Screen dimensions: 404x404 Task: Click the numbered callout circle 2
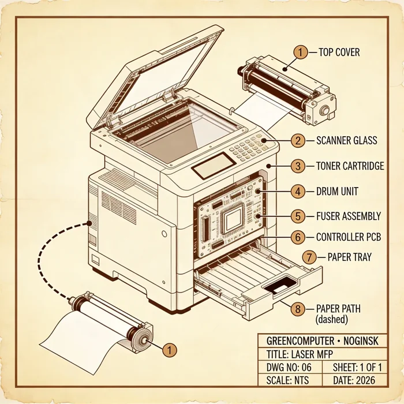(x=298, y=140)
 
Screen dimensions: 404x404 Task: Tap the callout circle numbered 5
(x=298, y=216)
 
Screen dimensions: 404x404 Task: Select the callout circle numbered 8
(x=298, y=309)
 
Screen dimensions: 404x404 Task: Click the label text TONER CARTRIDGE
(x=350, y=166)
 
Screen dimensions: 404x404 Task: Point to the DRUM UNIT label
(x=337, y=192)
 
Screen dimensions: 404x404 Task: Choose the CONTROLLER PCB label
(x=349, y=237)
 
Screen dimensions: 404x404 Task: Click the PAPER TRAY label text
(x=350, y=257)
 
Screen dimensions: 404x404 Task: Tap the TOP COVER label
(x=339, y=53)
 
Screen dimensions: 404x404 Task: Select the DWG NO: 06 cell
(x=290, y=367)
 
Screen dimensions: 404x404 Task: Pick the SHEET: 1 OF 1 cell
(x=355, y=367)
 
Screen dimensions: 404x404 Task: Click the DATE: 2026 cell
(x=355, y=380)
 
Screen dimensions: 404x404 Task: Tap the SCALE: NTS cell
(x=290, y=380)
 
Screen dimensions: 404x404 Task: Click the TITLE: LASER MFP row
(x=323, y=354)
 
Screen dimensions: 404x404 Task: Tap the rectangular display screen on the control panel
(x=214, y=166)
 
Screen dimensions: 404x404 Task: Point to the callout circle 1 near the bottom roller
(x=170, y=350)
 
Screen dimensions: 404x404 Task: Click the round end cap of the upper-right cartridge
(x=324, y=111)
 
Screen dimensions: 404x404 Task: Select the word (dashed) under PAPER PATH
(x=332, y=320)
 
